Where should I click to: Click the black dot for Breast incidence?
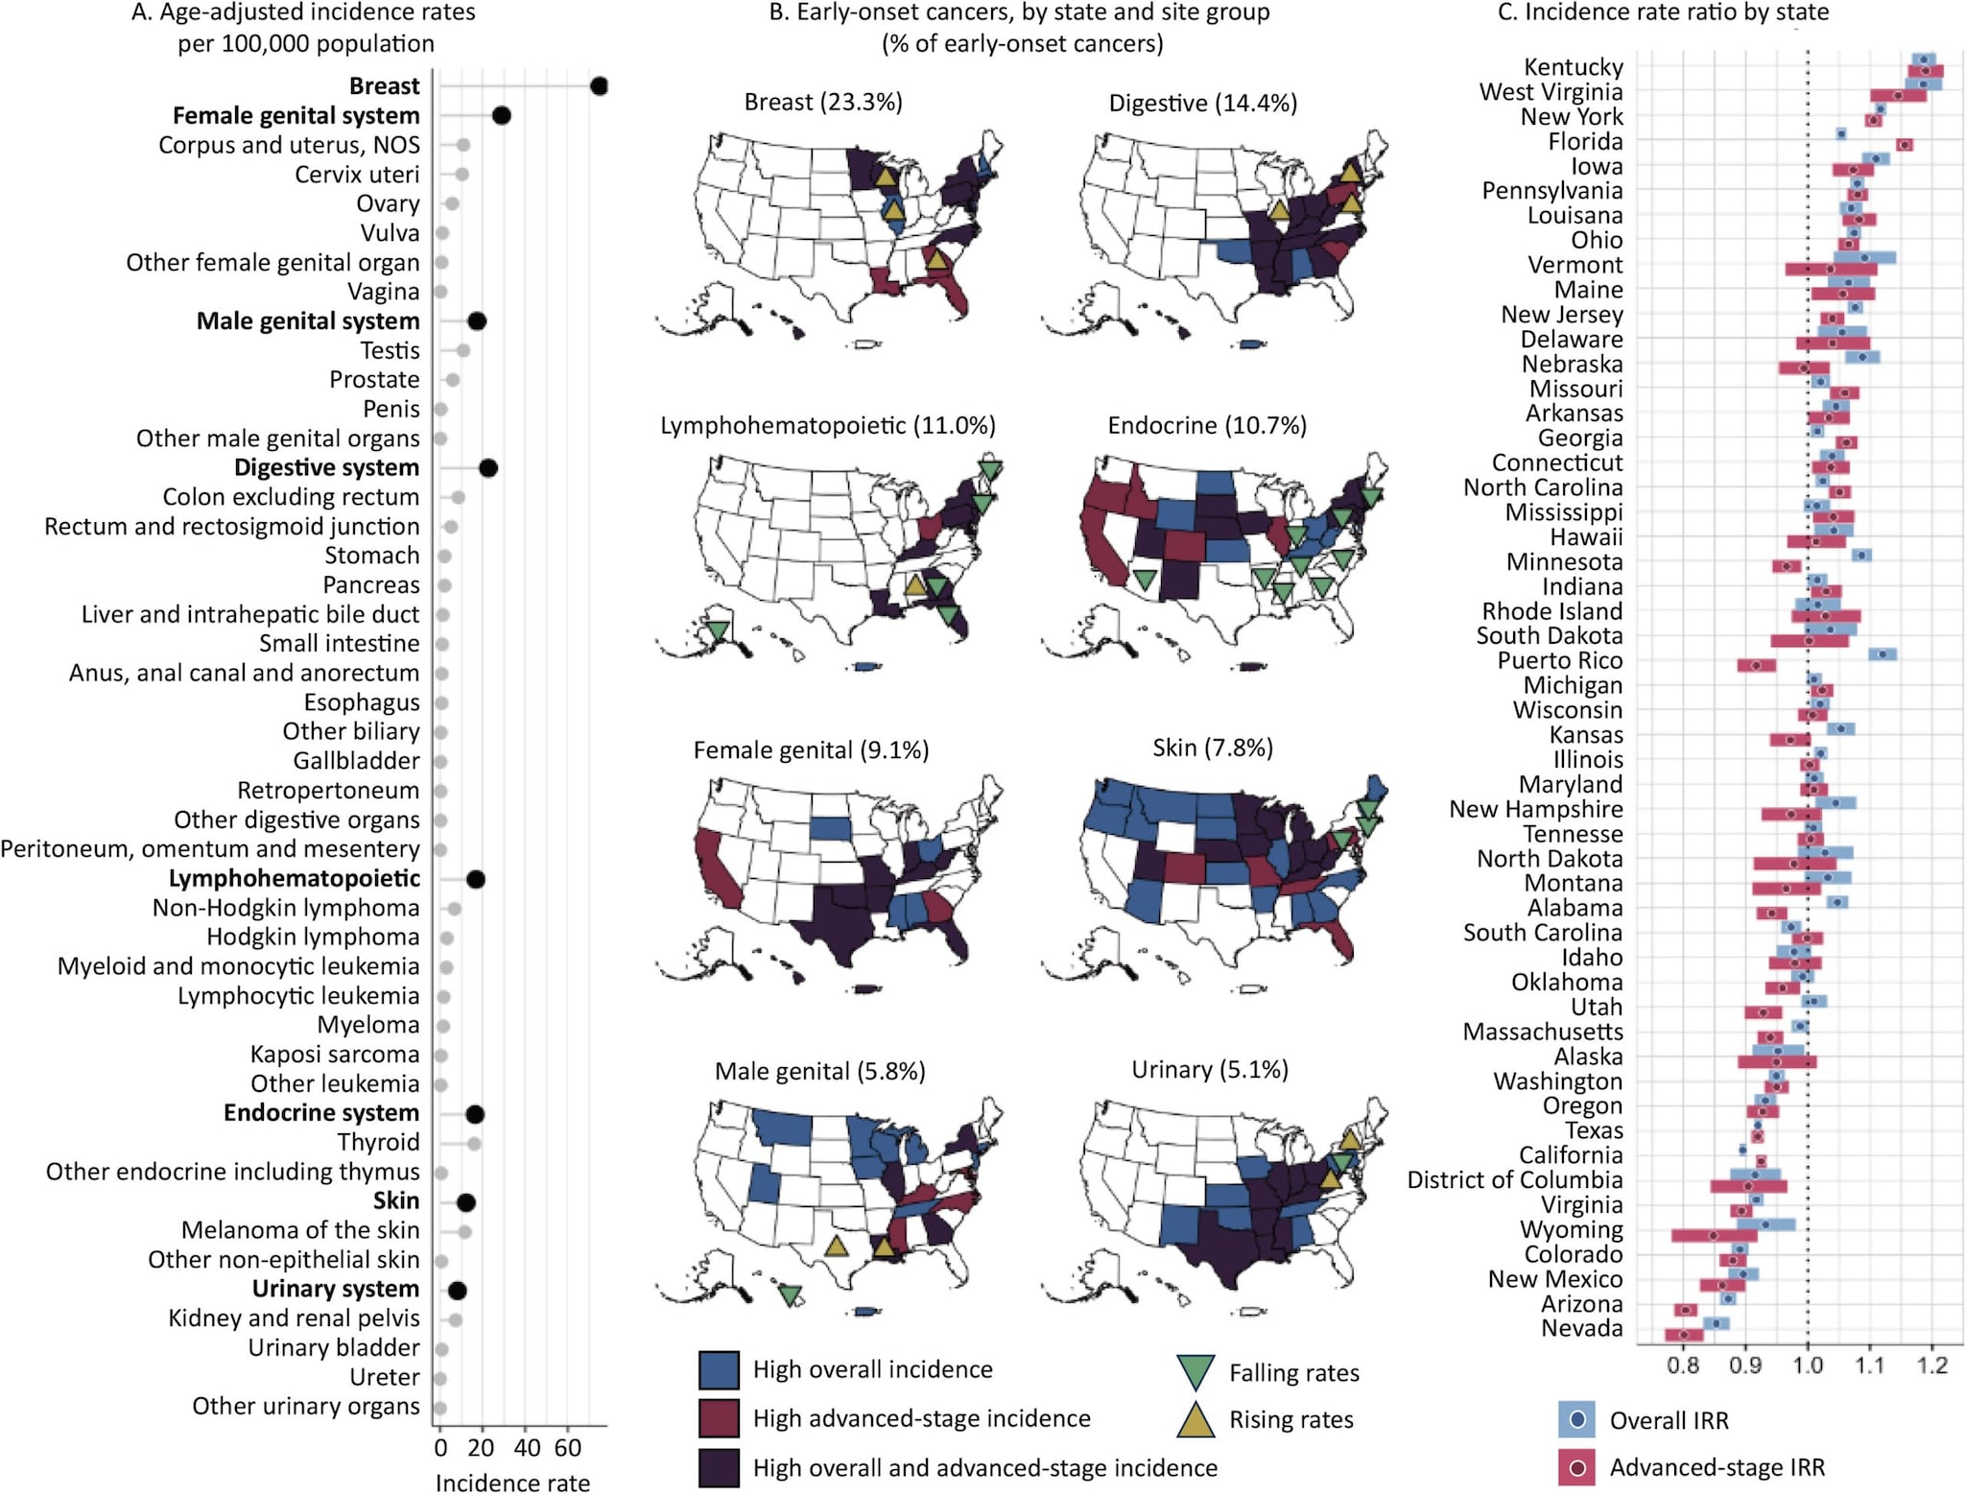click(600, 86)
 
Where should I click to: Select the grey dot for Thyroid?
click(474, 1144)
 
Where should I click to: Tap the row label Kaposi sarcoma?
click(334, 1055)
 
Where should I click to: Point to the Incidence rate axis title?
click(512, 1483)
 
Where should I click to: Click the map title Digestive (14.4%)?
click(1202, 104)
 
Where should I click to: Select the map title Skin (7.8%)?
click(1213, 748)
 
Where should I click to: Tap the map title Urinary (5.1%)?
click(1209, 1070)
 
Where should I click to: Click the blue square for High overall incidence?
click(719, 1370)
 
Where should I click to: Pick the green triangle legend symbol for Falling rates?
click(1196, 1372)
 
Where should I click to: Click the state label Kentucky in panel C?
click(1574, 67)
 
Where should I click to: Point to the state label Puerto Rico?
click(1559, 661)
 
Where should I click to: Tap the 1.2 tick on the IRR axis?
click(1931, 1365)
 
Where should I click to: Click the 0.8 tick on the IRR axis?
click(1683, 1365)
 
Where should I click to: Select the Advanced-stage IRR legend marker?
click(1576, 1467)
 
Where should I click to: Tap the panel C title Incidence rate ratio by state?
click(1663, 12)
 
